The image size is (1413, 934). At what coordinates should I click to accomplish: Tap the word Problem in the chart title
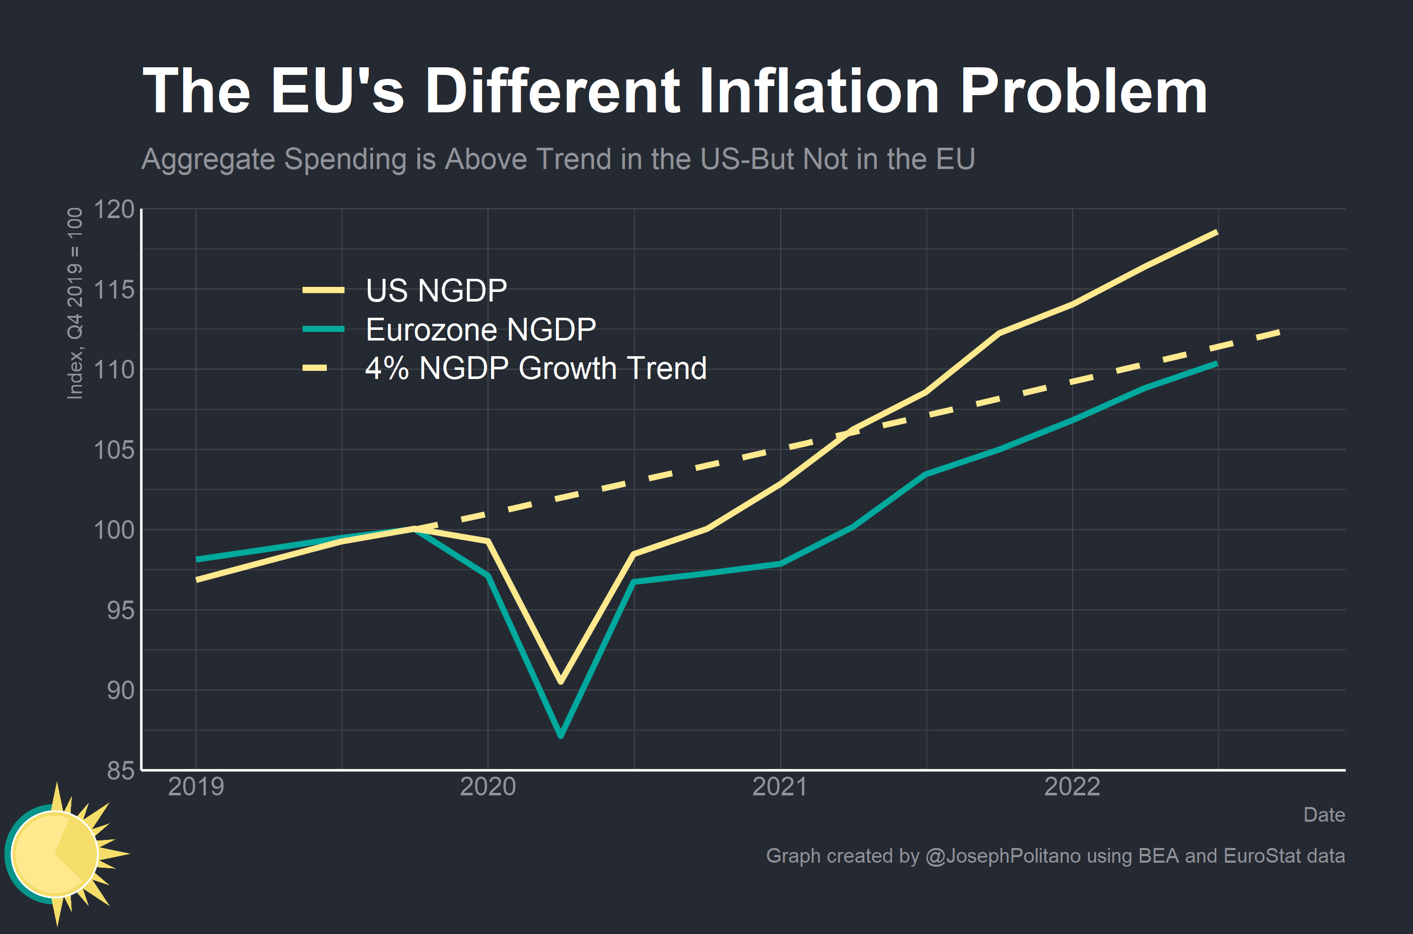pyautogui.click(x=1083, y=91)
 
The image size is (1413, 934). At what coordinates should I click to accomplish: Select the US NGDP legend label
pyautogui.click(x=436, y=291)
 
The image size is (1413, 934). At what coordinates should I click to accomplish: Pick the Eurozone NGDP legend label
pyautogui.click(x=481, y=329)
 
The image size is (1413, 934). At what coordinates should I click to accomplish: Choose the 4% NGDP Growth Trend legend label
pyautogui.click(x=535, y=368)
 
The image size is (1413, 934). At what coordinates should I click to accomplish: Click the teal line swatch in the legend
pyautogui.click(x=323, y=329)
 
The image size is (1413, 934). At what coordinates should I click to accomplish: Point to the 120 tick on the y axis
pyautogui.click(x=114, y=209)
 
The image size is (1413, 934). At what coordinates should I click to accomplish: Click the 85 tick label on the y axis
pyautogui.click(x=121, y=771)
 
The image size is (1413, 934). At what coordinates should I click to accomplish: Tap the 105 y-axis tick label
pyautogui.click(x=114, y=450)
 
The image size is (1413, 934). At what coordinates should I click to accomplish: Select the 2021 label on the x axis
pyautogui.click(x=780, y=787)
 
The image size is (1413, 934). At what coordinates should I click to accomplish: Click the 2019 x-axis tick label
pyautogui.click(x=196, y=787)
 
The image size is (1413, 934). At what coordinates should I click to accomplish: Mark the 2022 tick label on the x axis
pyautogui.click(x=1072, y=787)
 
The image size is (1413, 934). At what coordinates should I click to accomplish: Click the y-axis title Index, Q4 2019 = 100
pyautogui.click(x=75, y=303)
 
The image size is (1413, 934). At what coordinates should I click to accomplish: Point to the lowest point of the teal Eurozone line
pyautogui.click(x=561, y=736)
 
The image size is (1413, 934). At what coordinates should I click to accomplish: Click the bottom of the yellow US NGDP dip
pyautogui.click(x=561, y=682)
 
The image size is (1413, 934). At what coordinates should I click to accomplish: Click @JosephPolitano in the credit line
pyautogui.click(x=1002, y=856)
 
